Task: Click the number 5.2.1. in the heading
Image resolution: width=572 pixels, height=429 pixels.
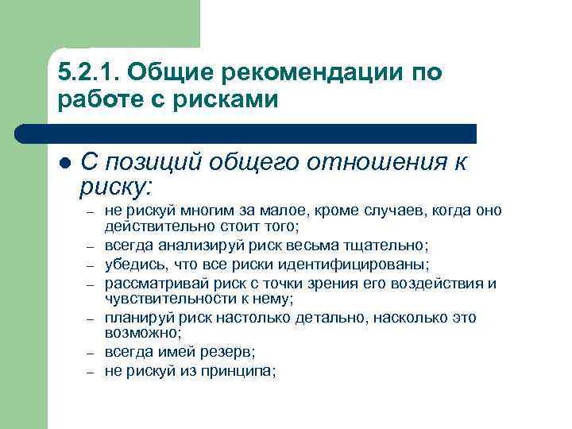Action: (x=87, y=73)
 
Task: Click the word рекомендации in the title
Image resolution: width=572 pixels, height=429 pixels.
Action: (x=293, y=73)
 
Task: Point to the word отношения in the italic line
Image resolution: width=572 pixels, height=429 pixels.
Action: (x=369, y=163)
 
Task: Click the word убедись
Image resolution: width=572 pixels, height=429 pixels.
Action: (x=129, y=264)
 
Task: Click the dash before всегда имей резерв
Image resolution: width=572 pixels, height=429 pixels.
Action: (x=91, y=352)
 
